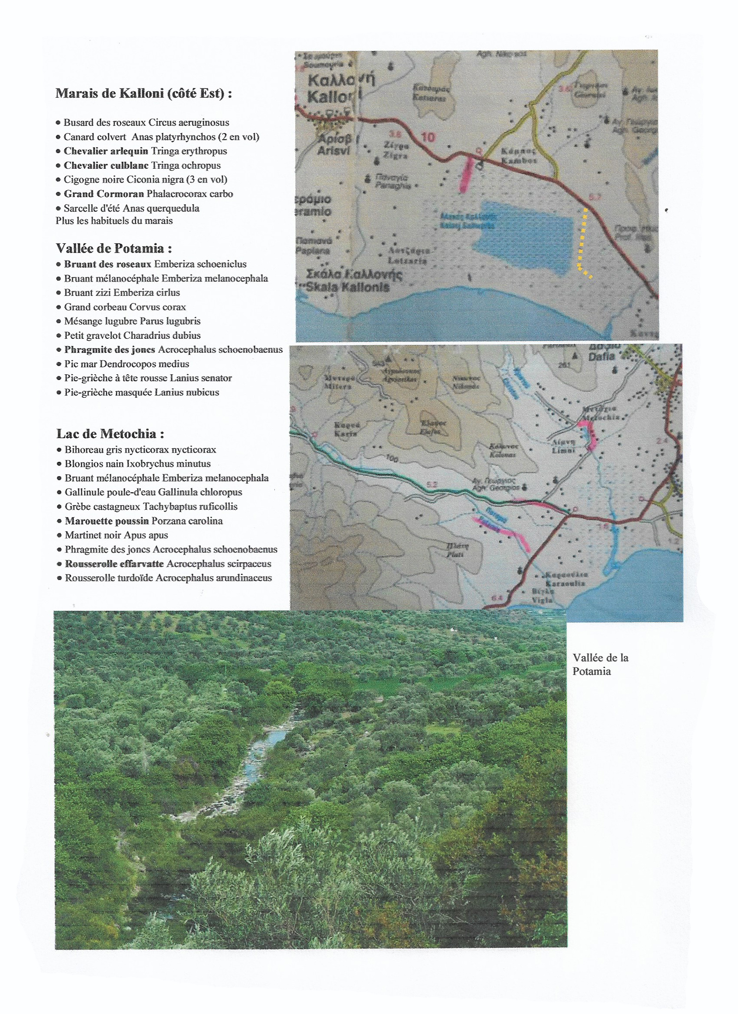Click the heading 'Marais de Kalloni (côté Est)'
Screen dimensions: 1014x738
[x=143, y=94]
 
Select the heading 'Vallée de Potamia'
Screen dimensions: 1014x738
[x=114, y=249]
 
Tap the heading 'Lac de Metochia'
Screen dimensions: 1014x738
[x=110, y=434]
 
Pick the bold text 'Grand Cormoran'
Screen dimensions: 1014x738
[x=104, y=194]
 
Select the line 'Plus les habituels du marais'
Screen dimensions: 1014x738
[x=114, y=221]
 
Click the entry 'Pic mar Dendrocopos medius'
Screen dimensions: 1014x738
[x=126, y=364]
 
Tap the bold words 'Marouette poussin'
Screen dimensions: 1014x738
[x=107, y=521]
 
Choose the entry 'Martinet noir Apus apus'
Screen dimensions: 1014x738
[x=116, y=536]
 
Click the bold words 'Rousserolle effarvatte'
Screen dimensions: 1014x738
[x=114, y=564]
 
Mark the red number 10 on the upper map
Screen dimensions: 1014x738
[x=428, y=137]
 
